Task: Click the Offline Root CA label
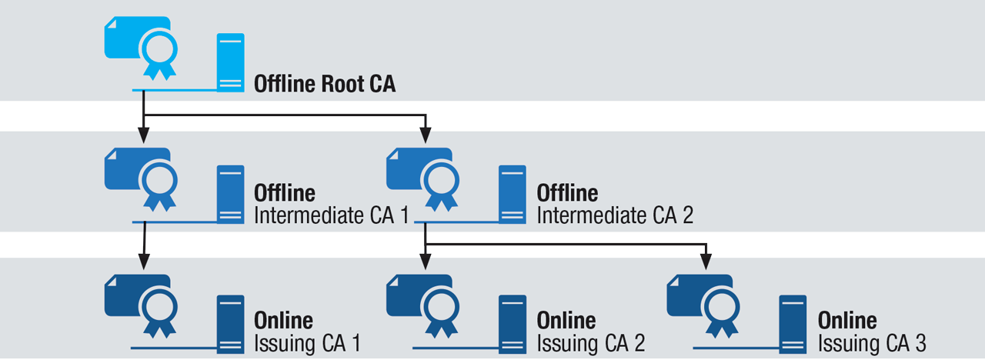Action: pyautogui.click(x=325, y=84)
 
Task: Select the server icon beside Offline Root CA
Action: pyautogui.click(x=230, y=62)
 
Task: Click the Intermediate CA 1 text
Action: pyautogui.click(x=332, y=215)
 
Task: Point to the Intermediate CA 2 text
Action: pyautogui.click(x=615, y=215)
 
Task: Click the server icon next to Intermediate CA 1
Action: pyautogui.click(x=230, y=194)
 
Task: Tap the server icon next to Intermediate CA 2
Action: pyautogui.click(x=512, y=194)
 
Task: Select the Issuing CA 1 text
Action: pyautogui.click(x=307, y=342)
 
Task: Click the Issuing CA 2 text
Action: pyautogui.click(x=590, y=342)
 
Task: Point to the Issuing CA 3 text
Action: pyautogui.click(x=872, y=342)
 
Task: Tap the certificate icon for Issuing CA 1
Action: pyautogui.click(x=142, y=304)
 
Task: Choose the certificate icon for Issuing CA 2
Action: pyautogui.click(x=424, y=304)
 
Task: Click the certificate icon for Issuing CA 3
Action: pyautogui.click(x=705, y=304)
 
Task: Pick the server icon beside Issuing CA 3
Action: pyautogui.click(x=793, y=323)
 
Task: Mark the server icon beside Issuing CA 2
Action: pyautogui.click(x=512, y=323)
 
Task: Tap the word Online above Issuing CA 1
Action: pyautogui.click(x=284, y=320)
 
